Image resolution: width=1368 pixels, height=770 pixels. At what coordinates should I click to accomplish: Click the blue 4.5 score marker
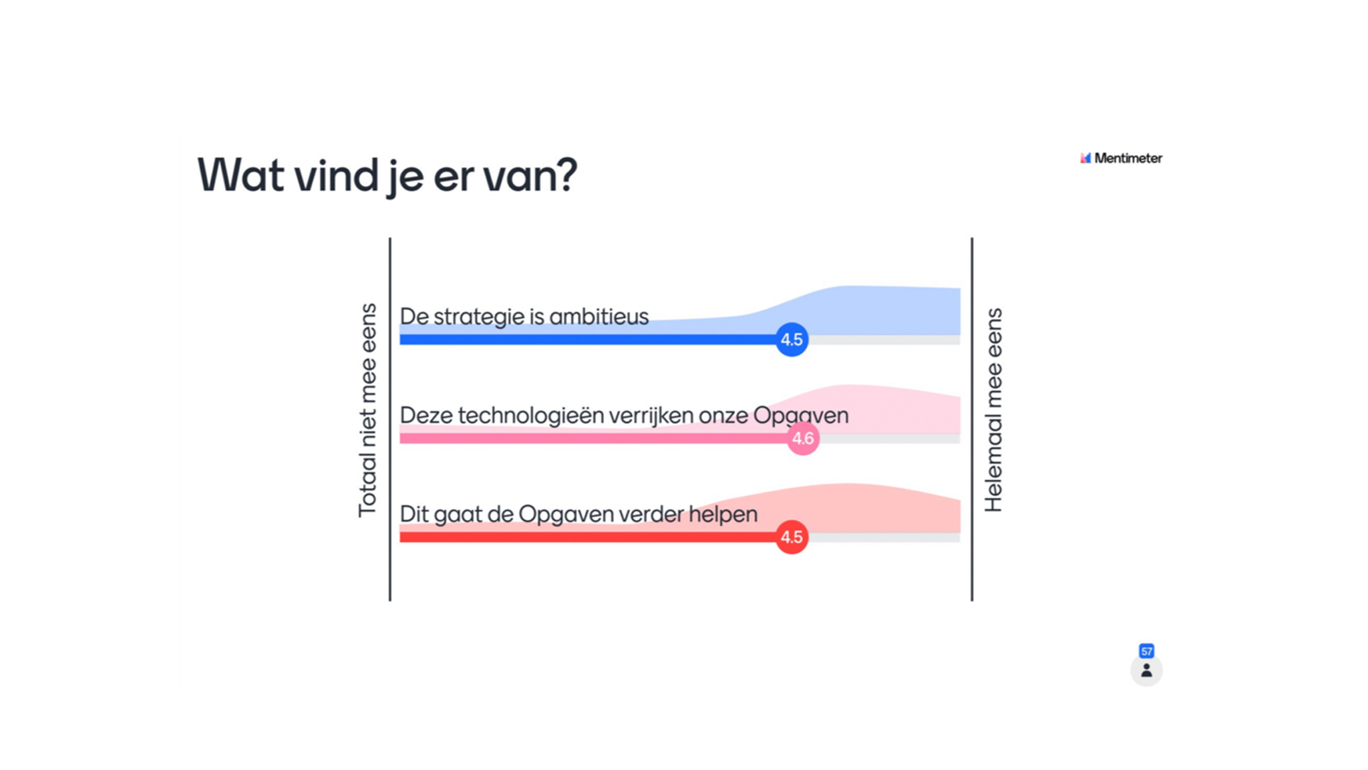[792, 340]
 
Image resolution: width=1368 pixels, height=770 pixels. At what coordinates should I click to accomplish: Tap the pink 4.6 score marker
[803, 438]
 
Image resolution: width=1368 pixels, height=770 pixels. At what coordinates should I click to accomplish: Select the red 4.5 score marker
[792, 537]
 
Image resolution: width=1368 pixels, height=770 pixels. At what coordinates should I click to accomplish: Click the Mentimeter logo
[1121, 158]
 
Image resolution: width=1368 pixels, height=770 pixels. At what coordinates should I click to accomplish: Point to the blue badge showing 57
[1146, 651]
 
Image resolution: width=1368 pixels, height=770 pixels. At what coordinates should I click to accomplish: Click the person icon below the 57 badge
[1146, 670]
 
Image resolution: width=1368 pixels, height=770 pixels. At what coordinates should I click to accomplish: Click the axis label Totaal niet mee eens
[367, 410]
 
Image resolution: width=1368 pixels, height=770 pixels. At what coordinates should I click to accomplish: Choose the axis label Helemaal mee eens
[993, 410]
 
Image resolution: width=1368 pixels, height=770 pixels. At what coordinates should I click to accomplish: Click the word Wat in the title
[240, 175]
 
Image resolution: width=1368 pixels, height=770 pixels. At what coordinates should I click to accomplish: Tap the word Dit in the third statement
[414, 514]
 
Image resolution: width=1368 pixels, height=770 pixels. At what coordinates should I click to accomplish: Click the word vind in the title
[336, 175]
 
